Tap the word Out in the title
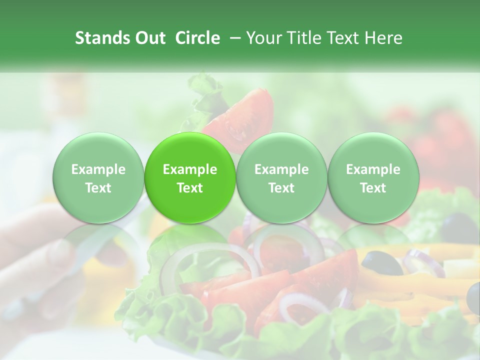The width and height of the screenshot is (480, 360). coord(149,38)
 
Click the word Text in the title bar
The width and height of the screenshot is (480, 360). coord(343,38)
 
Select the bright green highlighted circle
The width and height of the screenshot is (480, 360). coord(189,178)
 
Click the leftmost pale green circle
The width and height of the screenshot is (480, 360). coord(98,178)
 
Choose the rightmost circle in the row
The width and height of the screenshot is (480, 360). coord(373,178)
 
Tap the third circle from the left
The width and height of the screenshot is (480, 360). coord(281,178)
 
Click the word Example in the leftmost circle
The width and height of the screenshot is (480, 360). coord(98,169)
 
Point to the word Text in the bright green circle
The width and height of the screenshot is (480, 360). coord(189,188)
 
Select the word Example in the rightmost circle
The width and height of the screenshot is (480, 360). coord(373,169)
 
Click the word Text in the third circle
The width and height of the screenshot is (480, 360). coord(281,188)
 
